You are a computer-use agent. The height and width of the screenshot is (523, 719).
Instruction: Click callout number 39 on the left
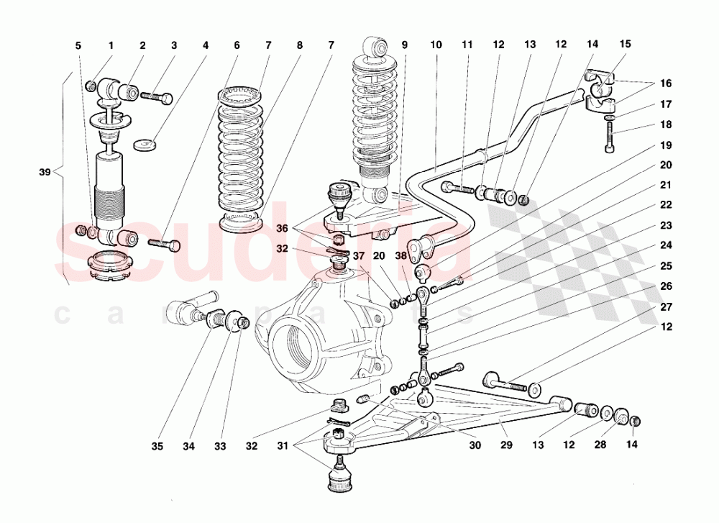(x=45, y=173)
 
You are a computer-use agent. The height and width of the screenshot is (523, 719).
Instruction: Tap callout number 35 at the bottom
(x=157, y=447)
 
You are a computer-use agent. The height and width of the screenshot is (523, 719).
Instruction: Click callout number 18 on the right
(x=667, y=124)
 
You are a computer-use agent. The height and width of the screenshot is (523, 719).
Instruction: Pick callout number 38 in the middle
(x=400, y=255)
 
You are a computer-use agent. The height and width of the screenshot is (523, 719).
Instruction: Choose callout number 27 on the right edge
(x=667, y=306)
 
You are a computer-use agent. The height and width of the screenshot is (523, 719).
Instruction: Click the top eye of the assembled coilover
(x=374, y=49)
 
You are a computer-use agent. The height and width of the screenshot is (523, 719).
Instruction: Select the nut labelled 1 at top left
(x=91, y=88)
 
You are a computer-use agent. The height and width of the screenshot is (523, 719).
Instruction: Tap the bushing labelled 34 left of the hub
(x=214, y=317)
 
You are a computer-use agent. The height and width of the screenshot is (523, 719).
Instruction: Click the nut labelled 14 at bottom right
(x=636, y=421)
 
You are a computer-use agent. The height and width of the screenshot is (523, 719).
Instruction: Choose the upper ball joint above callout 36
(x=338, y=194)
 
